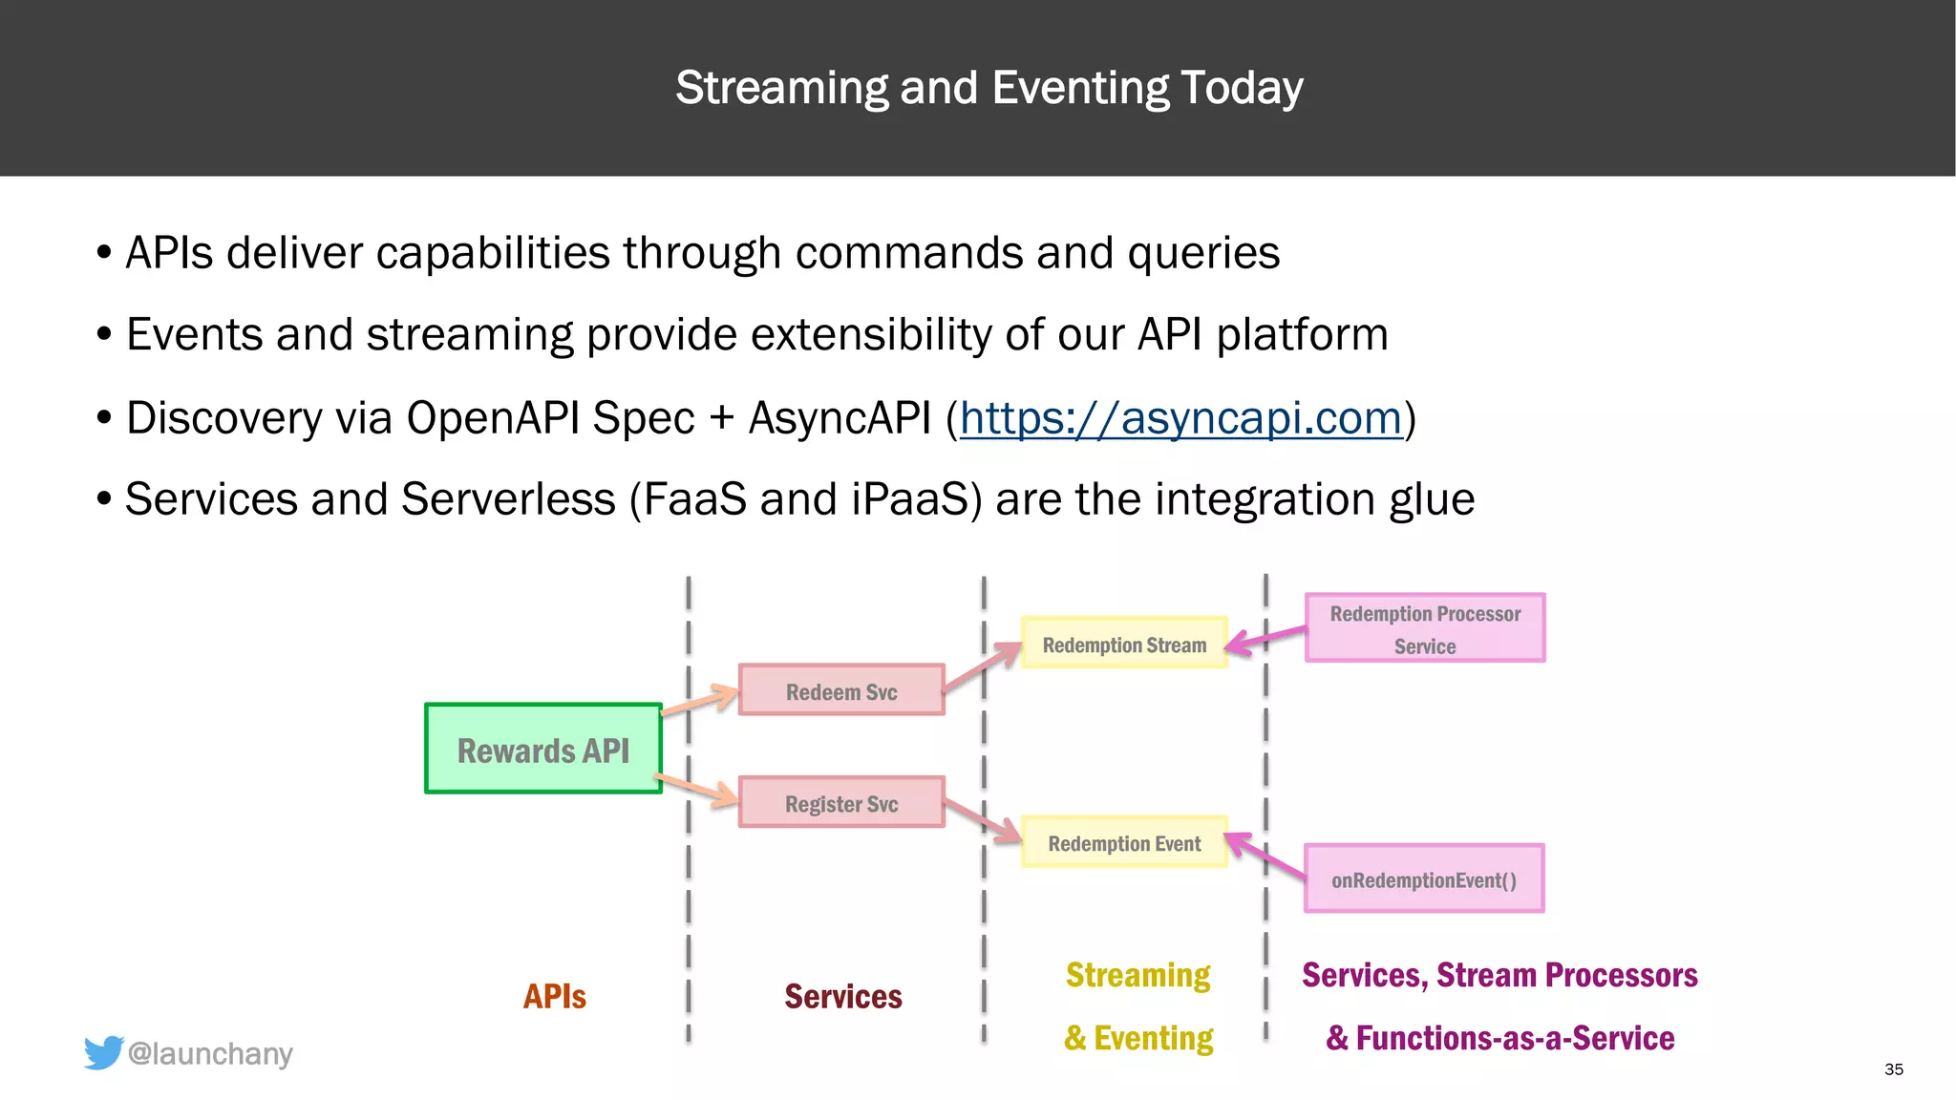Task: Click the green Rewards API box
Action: (542, 750)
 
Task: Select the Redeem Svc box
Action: (841, 690)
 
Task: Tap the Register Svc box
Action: (841, 802)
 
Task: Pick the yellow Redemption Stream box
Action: (1124, 644)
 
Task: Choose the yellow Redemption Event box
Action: (1124, 842)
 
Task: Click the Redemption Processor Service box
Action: (1425, 628)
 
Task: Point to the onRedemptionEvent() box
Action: (1424, 878)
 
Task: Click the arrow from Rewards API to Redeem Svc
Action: (700, 701)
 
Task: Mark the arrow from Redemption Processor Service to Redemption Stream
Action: (1265, 638)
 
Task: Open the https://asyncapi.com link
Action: (1180, 418)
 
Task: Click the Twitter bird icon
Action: (103, 1052)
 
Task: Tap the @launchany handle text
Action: (210, 1053)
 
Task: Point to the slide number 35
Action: (1894, 1069)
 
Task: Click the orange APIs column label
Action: (554, 996)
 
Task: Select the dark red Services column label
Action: (842, 996)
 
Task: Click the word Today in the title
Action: (1242, 88)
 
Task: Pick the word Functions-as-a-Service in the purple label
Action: (1515, 1038)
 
